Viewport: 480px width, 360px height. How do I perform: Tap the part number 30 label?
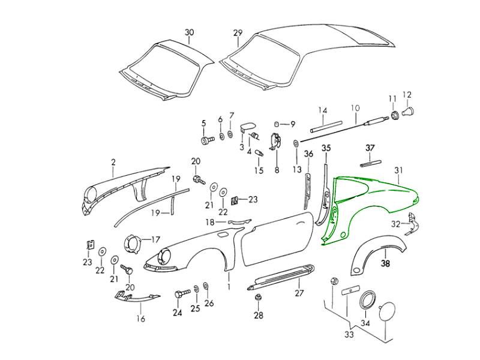[190, 32]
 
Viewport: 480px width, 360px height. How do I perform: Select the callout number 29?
[238, 32]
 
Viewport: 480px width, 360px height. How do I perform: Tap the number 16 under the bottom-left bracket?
[141, 319]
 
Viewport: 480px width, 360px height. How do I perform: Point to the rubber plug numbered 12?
[410, 111]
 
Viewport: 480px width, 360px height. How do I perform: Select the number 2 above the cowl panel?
[113, 162]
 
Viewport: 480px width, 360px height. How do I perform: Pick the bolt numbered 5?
[207, 140]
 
